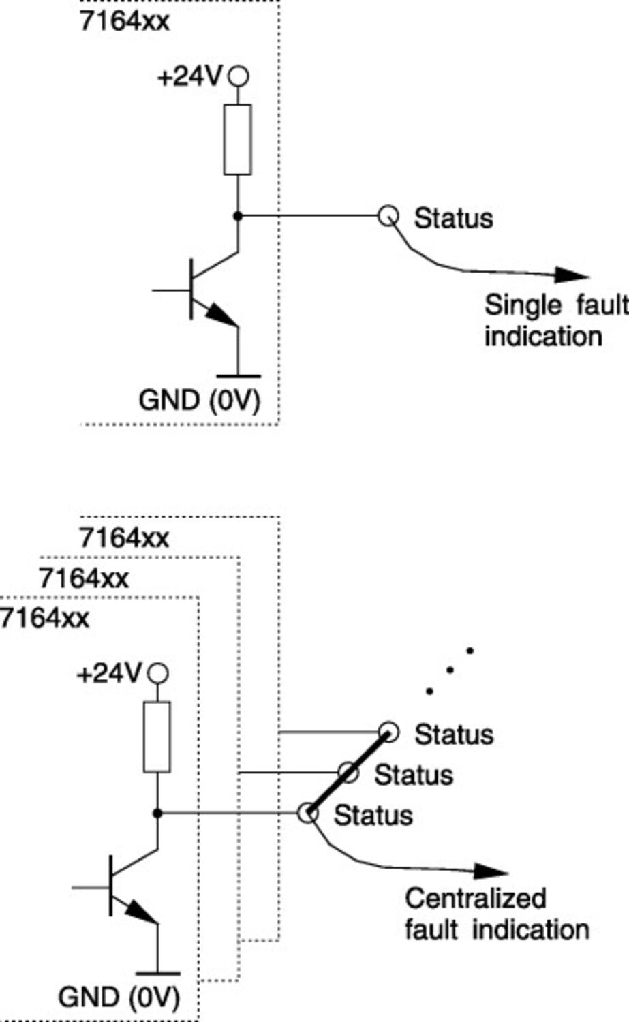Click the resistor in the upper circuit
click(x=237, y=139)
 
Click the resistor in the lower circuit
click(x=157, y=737)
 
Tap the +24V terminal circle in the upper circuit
click(x=237, y=76)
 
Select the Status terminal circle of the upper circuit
click(x=388, y=215)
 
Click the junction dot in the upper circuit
click(x=237, y=216)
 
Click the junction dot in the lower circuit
click(x=157, y=813)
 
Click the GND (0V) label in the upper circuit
click(x=199, y=400)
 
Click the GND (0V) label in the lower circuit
click(x=119, y=997)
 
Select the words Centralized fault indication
click(x=496, y=914)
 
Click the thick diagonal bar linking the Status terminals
click(x=348, y=773)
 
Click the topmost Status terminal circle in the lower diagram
click(x=388, y=732)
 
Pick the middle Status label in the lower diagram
click(x=413, y=775)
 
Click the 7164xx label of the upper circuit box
click(x=124, y=21)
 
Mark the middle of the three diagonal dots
click(x=449, y=670)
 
